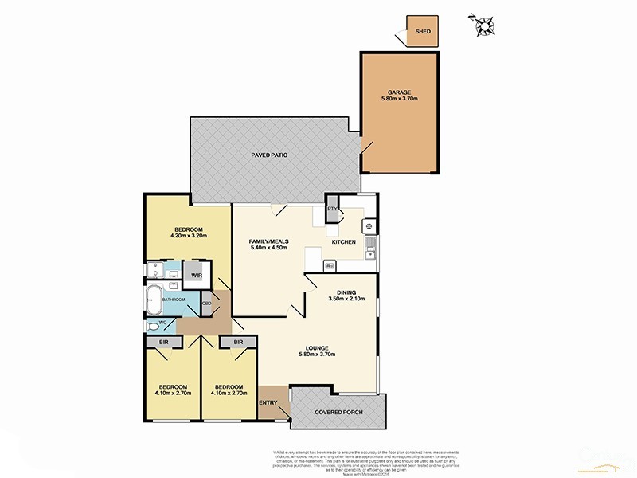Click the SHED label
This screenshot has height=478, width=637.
[423, 32]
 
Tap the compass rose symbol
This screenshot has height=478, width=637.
[484, 25]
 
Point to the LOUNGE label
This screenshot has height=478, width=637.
[316, 348]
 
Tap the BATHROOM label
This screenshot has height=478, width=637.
[174, 300]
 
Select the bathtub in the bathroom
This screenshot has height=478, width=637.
[152, 301]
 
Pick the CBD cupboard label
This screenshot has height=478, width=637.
[206, 304]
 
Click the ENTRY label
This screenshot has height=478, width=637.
[269, 402]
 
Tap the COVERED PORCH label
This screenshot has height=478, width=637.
[338, 412]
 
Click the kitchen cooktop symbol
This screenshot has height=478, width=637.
[369, 226]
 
